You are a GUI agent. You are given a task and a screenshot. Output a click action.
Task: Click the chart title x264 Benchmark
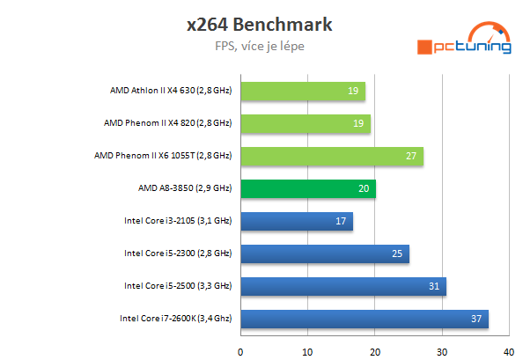click(x=261, y=24)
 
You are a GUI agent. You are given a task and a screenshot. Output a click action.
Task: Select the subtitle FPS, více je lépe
click(x=261, y=46)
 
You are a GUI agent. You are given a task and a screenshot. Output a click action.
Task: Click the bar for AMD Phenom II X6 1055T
click(x=331, y=156)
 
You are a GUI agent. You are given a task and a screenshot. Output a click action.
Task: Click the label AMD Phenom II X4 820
click(x=167, y=123)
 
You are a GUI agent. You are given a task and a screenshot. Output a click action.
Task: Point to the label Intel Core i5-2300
click(x=177, y=253)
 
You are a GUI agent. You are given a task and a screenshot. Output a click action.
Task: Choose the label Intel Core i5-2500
click(x=177, y=286)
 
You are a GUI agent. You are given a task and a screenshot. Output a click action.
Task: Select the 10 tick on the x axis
click(x=307, y=350)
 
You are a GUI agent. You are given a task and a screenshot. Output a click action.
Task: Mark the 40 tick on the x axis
click(x=508, y=350)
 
